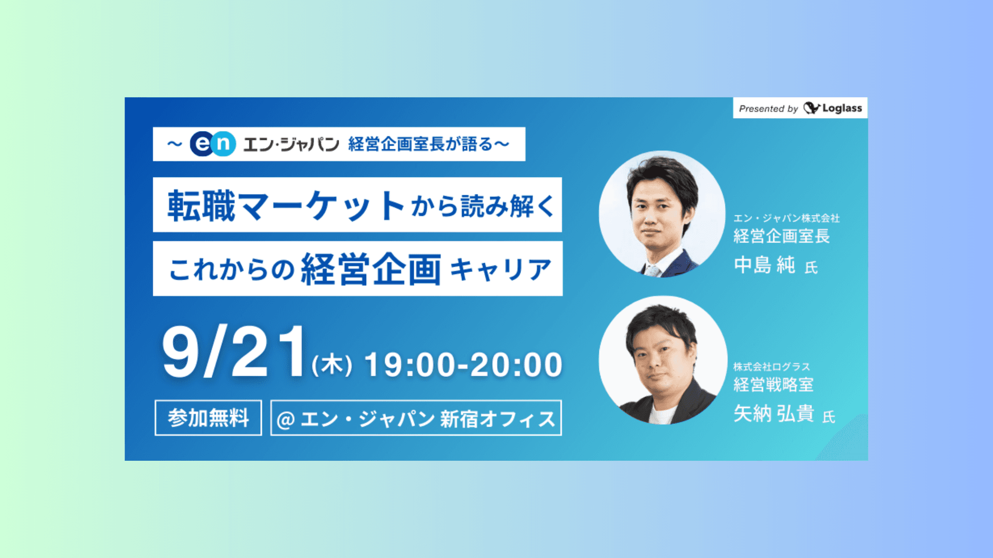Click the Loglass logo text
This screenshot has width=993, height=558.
point(842,109)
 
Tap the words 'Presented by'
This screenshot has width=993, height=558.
point(769,109)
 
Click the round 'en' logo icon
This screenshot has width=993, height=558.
point(213,144)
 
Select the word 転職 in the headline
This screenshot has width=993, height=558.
point(201,206)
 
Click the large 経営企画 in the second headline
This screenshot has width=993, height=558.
point(371,269)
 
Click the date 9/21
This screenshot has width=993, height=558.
point(234,352)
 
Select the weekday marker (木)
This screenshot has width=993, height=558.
point(332,365)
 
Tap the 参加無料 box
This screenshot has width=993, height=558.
point(208,417)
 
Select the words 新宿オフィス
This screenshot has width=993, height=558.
point(498,419)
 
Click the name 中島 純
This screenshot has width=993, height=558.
point(764,265)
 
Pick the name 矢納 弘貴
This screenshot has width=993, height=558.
point(774,414)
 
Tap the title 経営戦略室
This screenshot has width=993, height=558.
point(774,385)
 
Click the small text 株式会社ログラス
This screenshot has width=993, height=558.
point(772,367)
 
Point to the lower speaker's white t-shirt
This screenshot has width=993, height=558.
point(663,414)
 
